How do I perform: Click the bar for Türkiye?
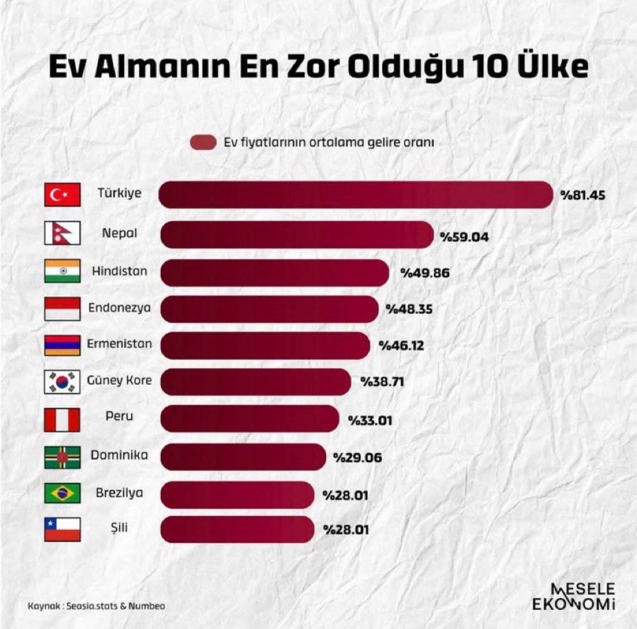357,195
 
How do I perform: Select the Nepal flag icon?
61,233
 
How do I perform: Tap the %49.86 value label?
424,273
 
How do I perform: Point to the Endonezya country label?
120,308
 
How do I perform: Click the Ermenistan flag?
62,345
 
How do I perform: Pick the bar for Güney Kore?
256,381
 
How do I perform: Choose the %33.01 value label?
370,420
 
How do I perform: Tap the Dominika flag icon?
62,457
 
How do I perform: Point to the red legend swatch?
203,142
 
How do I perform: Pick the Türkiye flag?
62,195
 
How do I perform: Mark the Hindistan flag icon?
62,271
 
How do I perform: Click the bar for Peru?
249,418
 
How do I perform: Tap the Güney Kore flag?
62,382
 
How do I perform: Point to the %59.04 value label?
464,237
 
